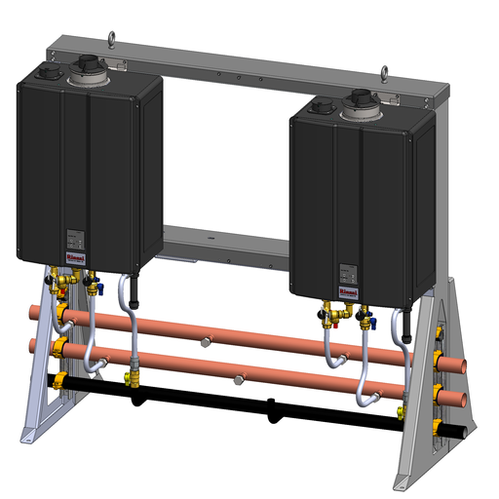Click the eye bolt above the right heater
[384, 71]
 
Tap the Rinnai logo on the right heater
[348, 289]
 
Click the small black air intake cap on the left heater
[48, 72]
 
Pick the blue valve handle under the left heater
[94, 288]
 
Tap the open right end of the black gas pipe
[467, 430]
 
